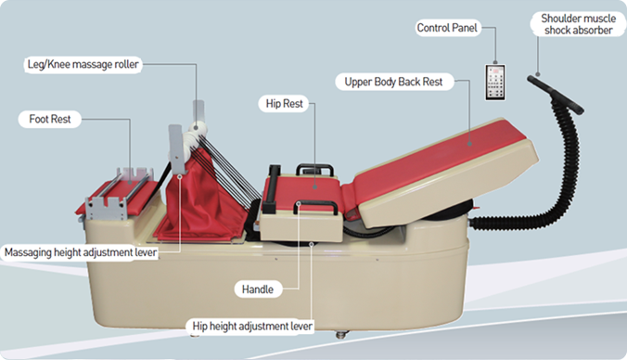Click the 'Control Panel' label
pos(448,29)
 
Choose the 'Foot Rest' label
pos(50,119)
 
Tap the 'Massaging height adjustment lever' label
pos(78,251)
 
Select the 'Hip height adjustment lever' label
pos(251,326)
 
